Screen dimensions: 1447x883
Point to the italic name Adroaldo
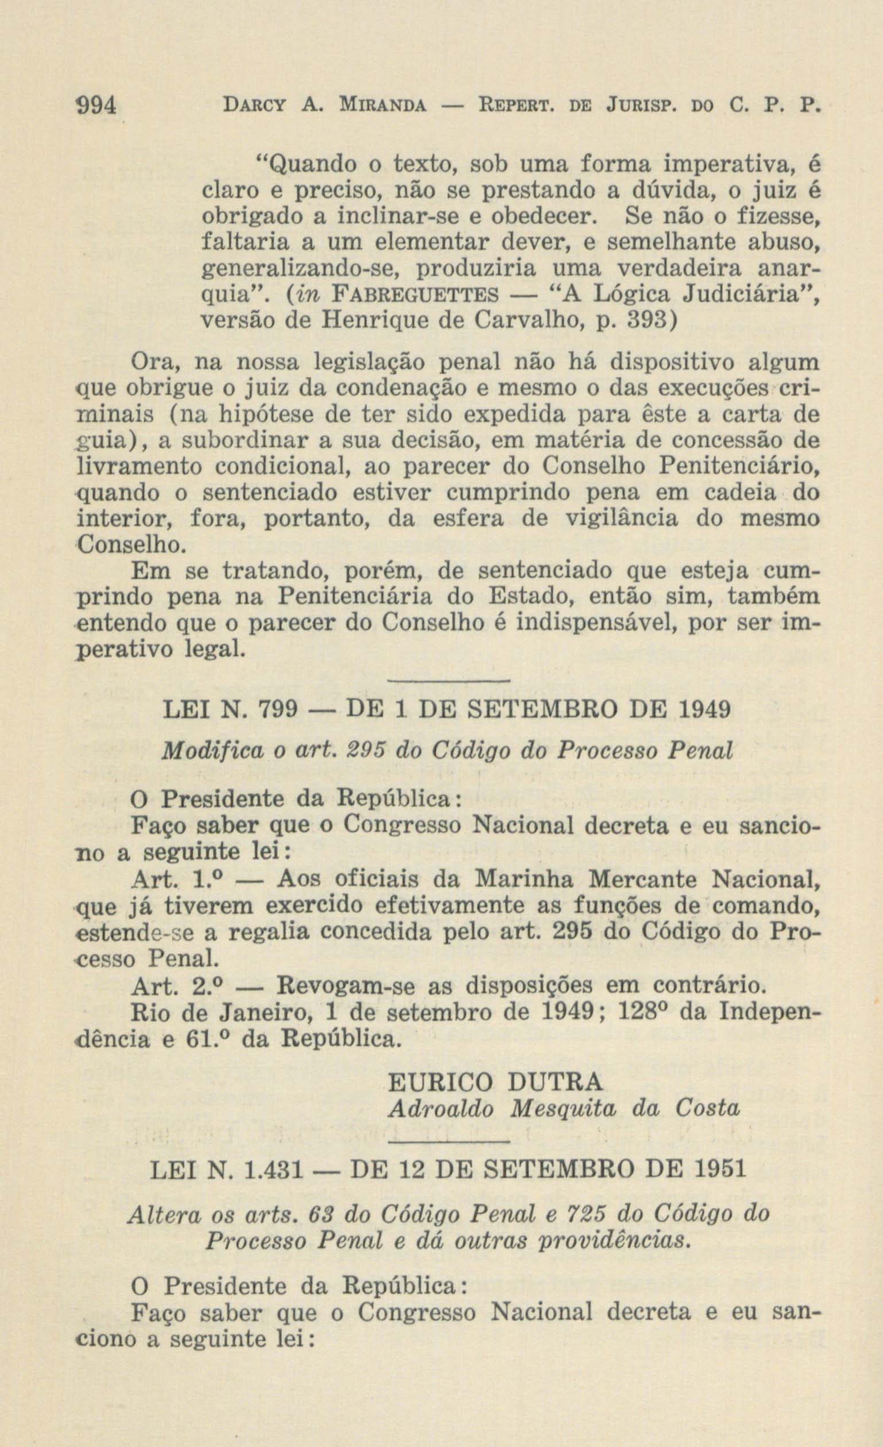441,1108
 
